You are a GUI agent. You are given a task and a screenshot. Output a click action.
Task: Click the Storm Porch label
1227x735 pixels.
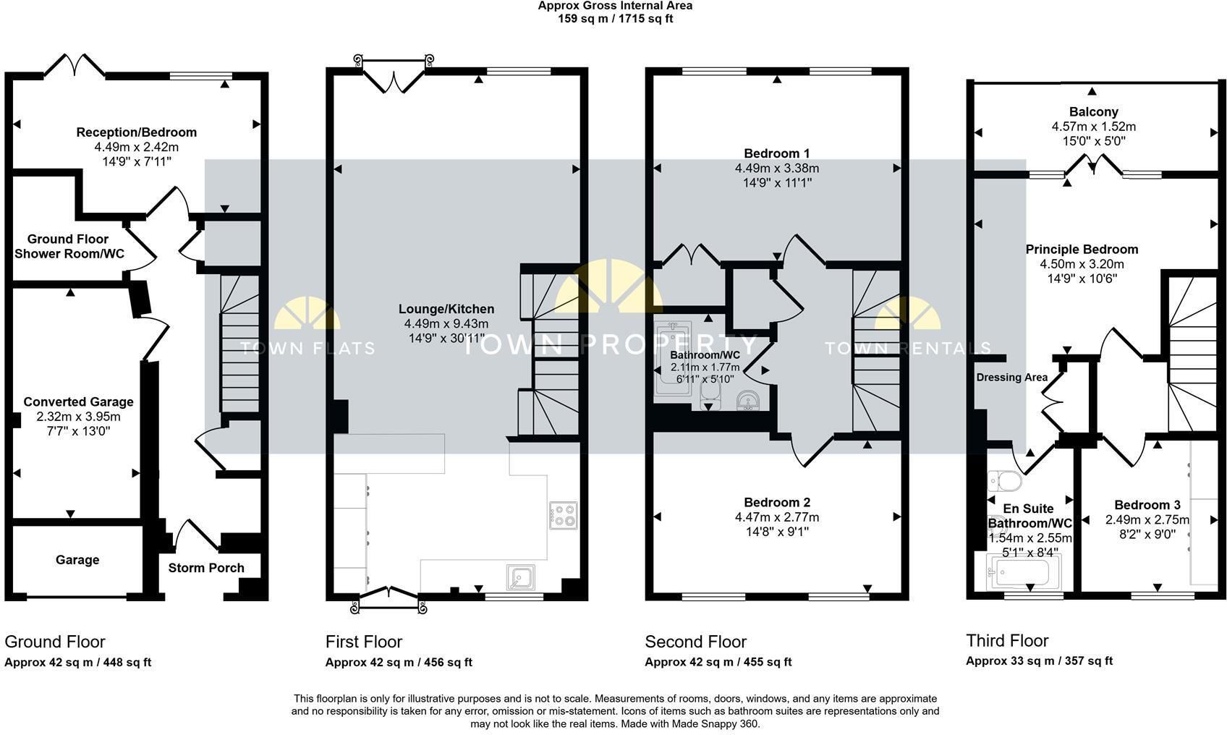click(x=206, y=568)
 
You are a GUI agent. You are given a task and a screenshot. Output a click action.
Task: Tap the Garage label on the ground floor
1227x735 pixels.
click(x=77, y=560)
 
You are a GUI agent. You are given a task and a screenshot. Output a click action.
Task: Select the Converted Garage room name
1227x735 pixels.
click(x=78, y=402)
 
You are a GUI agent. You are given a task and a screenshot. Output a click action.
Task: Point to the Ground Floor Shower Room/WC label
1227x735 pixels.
click(x=69, y=247)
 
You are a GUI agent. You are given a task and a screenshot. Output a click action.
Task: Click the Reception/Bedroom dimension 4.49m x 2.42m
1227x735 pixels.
click(x=137, y=147)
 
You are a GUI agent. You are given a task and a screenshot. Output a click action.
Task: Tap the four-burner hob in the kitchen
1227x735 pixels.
click(x=563, y=515)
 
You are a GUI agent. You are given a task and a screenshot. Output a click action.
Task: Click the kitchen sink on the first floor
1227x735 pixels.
click(x=520, y=577)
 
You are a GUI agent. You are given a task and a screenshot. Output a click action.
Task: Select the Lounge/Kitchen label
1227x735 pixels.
click(x=446, y=309)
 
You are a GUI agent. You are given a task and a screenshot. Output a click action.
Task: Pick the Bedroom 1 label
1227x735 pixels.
click(x=777, y=153)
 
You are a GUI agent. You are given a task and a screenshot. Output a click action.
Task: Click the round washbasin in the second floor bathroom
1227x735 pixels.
click(x=748, y=400)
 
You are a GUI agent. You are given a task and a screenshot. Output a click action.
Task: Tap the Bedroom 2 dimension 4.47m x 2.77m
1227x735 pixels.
click(x=777, y=517)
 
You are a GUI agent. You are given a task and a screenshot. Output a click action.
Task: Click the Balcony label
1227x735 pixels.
click(x=1093, y=111)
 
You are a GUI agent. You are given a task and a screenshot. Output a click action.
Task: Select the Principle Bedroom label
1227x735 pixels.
click(x=1082, y=249)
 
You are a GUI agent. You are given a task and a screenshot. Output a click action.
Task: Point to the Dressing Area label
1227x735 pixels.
click(x=1011, y=378)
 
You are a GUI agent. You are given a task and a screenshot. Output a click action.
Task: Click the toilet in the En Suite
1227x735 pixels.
click(x=1005, y=481)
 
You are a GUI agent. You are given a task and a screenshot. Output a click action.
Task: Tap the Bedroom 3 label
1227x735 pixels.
click(x=1147, y=505)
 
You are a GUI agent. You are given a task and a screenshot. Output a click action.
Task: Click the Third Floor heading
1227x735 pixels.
click(x=1007, y=640)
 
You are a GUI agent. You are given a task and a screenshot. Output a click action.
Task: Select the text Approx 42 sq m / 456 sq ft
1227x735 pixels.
click(x=398, y=662)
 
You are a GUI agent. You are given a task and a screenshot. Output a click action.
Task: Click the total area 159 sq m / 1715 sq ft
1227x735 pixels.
click(x=615, y=19)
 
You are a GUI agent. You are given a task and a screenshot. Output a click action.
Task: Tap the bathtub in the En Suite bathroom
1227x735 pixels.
click(x=1022, y=572)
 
